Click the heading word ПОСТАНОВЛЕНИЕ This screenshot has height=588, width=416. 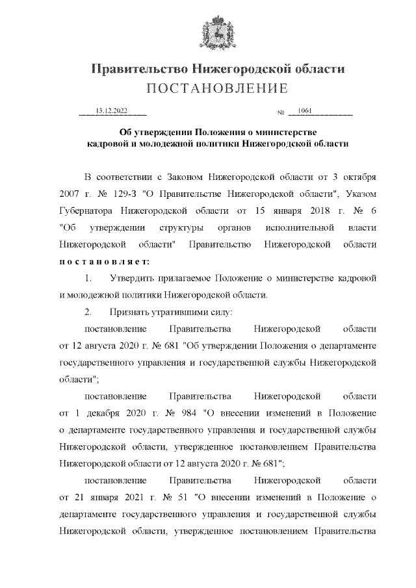coord(207,88)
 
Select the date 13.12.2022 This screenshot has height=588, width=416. coord(112,111)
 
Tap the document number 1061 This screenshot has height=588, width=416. coord(304,111)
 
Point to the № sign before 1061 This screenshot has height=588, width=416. coord(281,113)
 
